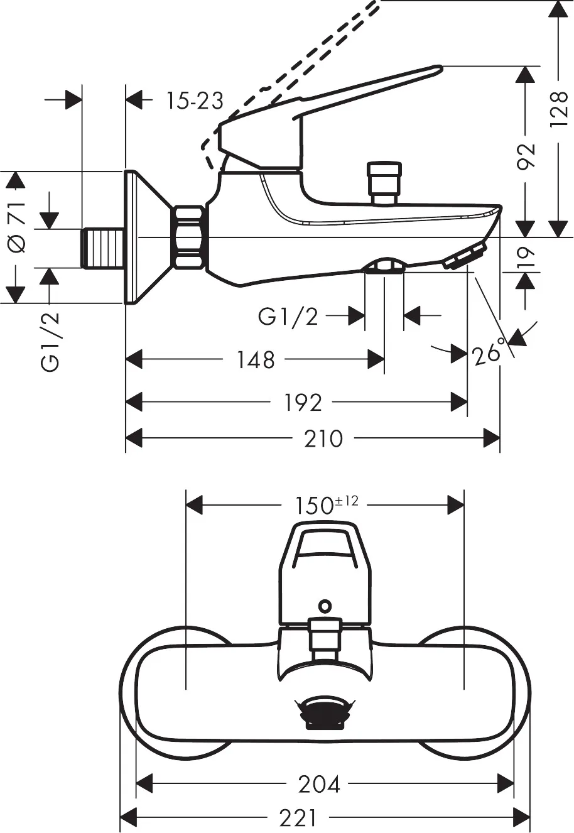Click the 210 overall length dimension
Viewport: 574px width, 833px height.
pyautogui.click(x=323, y=438)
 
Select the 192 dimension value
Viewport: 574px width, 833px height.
pyautogui.click(x=303, y=403)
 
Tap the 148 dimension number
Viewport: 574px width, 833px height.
pyautogui.click(x=256, y=360)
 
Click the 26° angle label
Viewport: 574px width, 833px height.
pyautogui.click(x=489, y=354)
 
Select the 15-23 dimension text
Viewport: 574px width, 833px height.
pyautogui.click(x=195, y=101)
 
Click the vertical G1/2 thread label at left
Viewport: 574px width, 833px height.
pyautogui.click(x=51, y=342)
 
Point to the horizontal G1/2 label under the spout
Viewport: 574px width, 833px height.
pyautogui.click(x=288, y=317)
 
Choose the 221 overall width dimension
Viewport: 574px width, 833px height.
pyautogui.click(x=298, y=817)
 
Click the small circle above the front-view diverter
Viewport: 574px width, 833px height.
pyautogui.click(x=324, y=606)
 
